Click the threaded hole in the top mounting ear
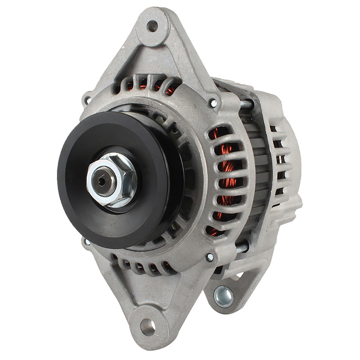pyautogui.click(x=152, y=26)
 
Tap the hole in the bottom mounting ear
pyautogui.click(x=147, y=326)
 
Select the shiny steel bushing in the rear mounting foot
pyautogui.click(x=223, y=296)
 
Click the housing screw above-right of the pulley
pyautogui.click(x=213, y=103)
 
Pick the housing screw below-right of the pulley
pyautogui.click(x=210, y=257)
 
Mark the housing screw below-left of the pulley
pyautogui.click(x=87, y=242)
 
